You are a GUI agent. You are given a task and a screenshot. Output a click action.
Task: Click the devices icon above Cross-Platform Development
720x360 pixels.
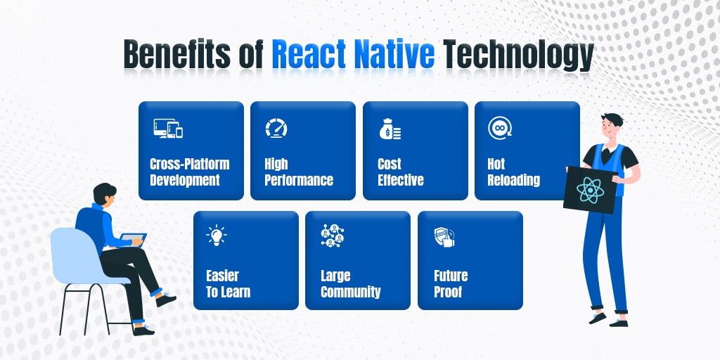167,129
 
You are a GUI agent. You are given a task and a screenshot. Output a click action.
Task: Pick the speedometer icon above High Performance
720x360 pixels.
276,129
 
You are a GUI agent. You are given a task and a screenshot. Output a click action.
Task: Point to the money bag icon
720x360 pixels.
389,129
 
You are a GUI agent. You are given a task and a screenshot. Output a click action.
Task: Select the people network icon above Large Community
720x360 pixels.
331,236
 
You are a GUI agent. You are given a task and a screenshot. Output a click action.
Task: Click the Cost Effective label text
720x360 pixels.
400,172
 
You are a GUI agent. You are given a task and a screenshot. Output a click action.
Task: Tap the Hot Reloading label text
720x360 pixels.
513,172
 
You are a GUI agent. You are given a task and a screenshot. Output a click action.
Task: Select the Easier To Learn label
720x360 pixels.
228,283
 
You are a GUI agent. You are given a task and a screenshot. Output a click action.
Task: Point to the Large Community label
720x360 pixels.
350,283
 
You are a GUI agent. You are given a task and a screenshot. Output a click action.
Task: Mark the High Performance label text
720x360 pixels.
298,172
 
